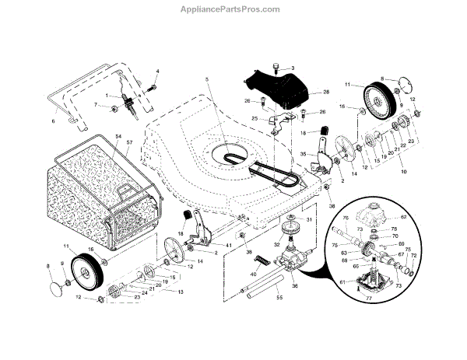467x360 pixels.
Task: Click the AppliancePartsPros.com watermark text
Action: pyautogui.click(x=233, y=9)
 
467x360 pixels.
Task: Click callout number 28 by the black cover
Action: pyautogui.click(x=325, y=92)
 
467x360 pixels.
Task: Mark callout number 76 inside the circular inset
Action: pyautogui.click(x=345, y=220)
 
